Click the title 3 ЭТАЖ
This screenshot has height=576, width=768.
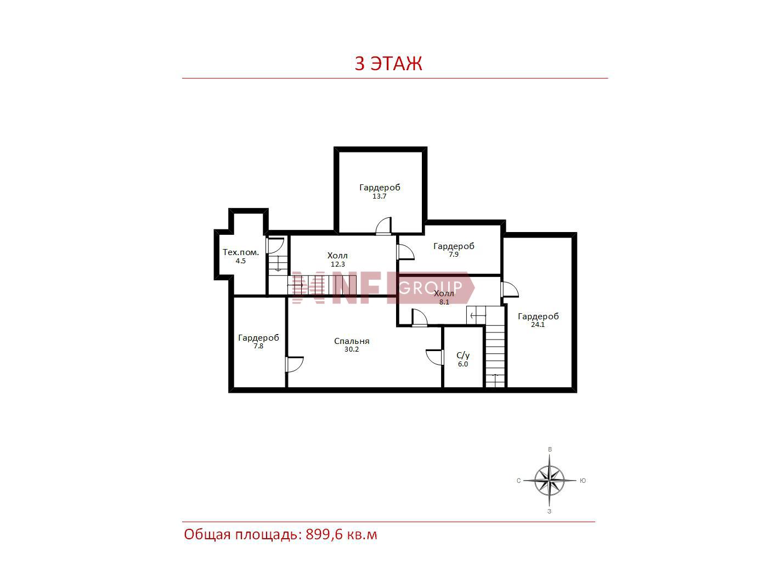388,63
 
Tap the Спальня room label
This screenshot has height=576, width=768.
352,341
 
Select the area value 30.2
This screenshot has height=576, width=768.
352,349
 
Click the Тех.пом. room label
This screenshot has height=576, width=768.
241,252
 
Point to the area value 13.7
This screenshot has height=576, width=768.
379,196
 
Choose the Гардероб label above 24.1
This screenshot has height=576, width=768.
538,317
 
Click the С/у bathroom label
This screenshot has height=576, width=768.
463,355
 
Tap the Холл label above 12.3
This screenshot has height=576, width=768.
337,256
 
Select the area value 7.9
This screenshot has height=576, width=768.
454,255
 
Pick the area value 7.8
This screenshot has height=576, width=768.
258,346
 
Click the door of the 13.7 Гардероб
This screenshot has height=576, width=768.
383,226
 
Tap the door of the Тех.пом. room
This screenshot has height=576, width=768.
275,246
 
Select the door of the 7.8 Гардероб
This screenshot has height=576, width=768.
294,364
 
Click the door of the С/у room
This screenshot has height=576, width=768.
435,357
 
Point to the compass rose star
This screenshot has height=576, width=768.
549,481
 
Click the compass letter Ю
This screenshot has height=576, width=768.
583,481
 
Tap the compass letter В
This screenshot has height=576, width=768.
550,449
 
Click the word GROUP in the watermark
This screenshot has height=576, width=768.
431,287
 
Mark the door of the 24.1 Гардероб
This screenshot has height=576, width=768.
510,290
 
